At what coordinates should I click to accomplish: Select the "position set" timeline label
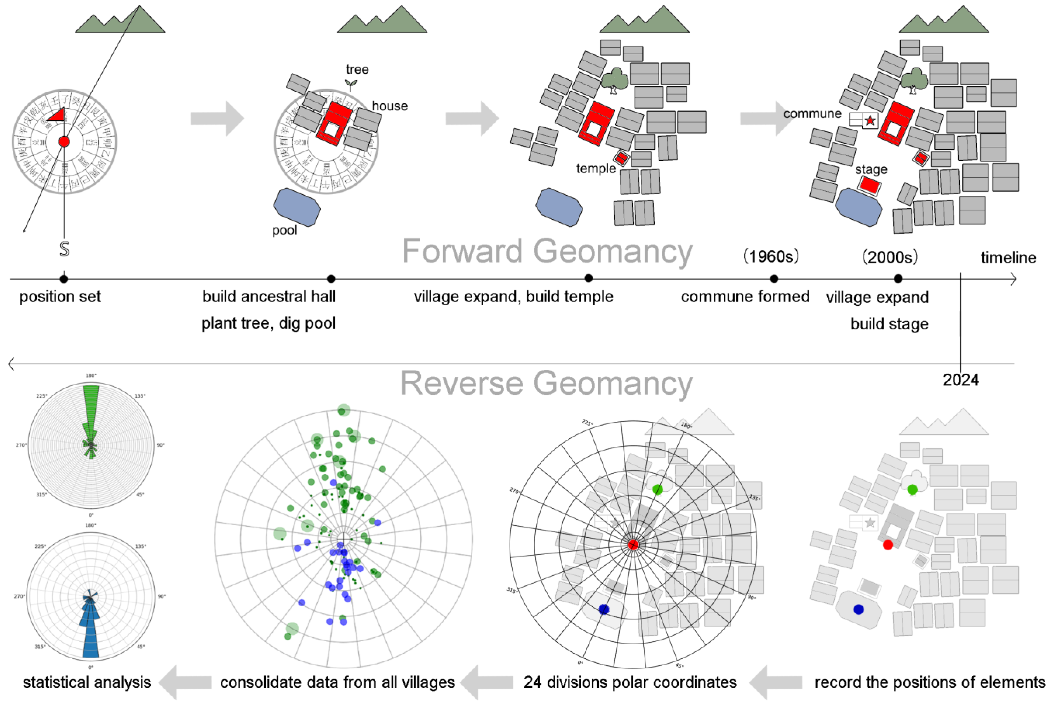tap(60, 297)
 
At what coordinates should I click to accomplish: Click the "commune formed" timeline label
tap(745, 297)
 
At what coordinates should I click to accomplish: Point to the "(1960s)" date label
tap(771, 256)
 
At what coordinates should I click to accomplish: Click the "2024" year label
tap(961, 380)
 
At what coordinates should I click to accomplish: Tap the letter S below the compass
tap(64, 249)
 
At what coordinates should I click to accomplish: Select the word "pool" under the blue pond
tap(284, 230)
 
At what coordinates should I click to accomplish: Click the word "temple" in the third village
tap(596, 168)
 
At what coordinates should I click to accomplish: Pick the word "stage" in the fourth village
tap(871, 169)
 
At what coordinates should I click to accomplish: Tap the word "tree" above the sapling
tap(357, 70)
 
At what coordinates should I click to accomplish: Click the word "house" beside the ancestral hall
tap(390, 106)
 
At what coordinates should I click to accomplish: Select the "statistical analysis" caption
tap(87, 682)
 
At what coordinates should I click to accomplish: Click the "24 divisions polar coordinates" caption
tap(630, 682)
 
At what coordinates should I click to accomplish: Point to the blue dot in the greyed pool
tap(859, 610)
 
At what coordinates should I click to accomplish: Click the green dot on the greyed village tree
tap(912, 489)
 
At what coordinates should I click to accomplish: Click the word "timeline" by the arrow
tap(1008, 258)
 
